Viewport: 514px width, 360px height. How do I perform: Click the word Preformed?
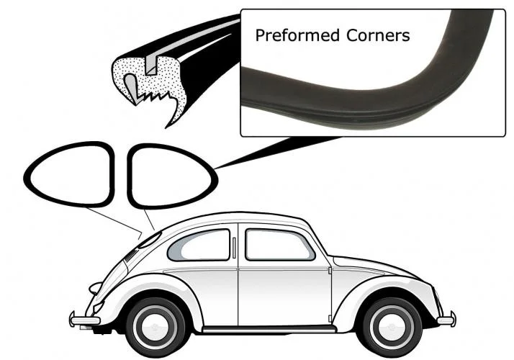pyautogui.click(x=297, y=35)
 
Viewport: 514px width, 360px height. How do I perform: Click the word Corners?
pyautogui.click(x=378, y=35)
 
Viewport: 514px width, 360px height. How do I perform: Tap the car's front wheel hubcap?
pyautogui.click(x=392, y=326)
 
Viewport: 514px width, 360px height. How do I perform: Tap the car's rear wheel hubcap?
pyautogui.click(x=155, y=327)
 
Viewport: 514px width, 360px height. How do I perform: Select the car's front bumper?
pyautogui.click(x=446, y=320)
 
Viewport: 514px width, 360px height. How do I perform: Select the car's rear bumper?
pyautogui.click(x=84, y=320)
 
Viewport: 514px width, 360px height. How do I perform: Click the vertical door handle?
pyautogui.click(x=234, y=248)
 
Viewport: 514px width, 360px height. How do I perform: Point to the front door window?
pyautogui.click(x=279, y=244)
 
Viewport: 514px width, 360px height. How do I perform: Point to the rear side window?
pyautogui.click(x=199, y=245)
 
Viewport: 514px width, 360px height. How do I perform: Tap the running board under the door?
pyautogui.click(x=269, y=329)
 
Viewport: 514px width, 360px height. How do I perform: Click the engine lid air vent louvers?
pyautogui.click(x=131, y=255)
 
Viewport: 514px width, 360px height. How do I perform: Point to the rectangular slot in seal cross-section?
pyautogui.click(x=151, y=65)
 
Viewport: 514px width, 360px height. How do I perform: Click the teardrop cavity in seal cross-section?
pyautogui.click(x=130, y=88)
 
